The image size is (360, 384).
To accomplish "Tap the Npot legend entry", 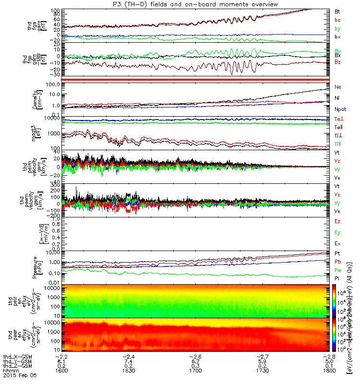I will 340,109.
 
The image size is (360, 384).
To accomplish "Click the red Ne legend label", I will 337,87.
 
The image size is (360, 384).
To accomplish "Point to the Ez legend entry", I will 337,221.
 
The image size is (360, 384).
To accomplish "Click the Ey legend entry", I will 337,233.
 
